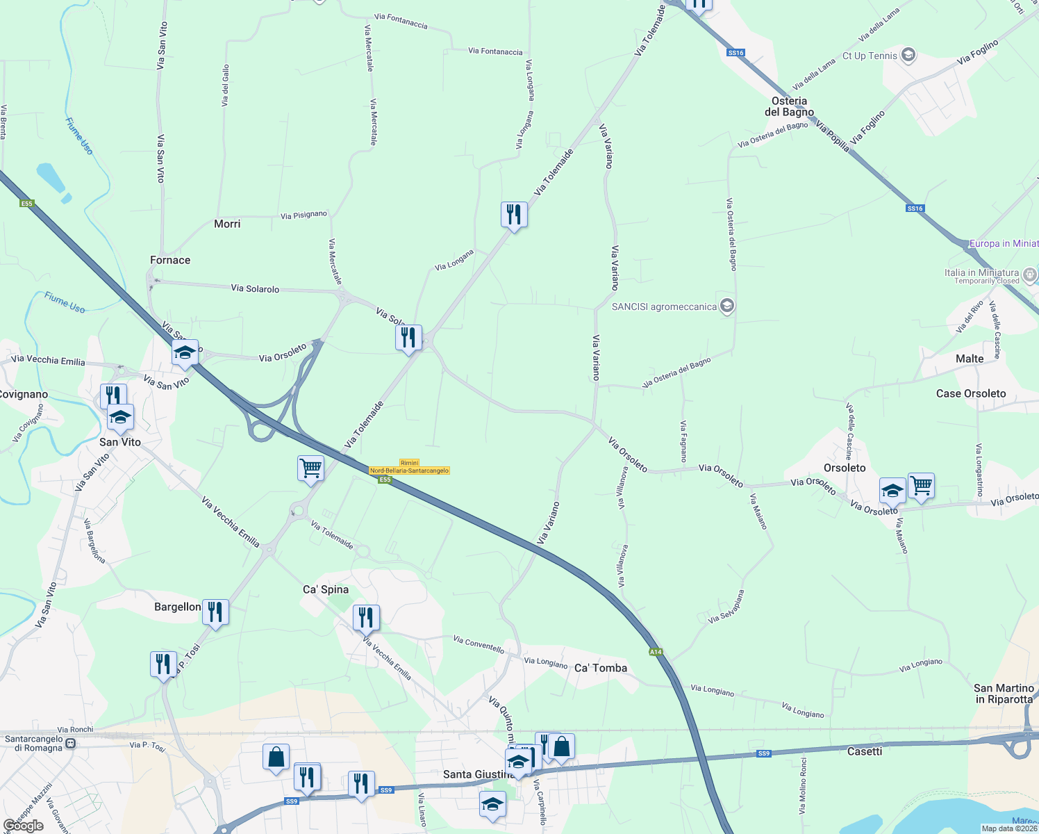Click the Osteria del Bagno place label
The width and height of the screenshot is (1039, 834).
pos(789,106)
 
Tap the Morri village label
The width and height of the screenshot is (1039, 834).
pos(227,224)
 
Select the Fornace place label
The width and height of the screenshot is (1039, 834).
pos(170,260)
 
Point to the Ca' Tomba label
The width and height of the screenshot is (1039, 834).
pos(601,668)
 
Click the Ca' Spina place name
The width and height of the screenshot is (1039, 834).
pos(326,589)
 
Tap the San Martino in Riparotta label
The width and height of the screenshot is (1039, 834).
pos(1004,694)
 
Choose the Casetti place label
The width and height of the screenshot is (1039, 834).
pos(865,751)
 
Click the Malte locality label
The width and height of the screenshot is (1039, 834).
pos(970,359)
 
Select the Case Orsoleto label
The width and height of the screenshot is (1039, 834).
pos(971,393)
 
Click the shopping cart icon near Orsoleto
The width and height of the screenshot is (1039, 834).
pos(921,485)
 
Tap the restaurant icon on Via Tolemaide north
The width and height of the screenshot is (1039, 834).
pos(514,214)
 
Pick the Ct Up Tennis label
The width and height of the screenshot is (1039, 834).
pos(870,56)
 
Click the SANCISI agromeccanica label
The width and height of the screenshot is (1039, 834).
pos(664,306)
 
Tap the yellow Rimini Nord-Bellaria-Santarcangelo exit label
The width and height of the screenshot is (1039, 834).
pos(409,467)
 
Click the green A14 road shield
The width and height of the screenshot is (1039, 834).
pos(656,652)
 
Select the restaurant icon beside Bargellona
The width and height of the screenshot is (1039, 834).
pos(215,612)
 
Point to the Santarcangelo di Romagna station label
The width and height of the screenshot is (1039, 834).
pos(34,743)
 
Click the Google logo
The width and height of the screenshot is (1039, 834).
pos(23,826)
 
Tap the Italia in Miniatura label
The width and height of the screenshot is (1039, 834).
pos(981,273)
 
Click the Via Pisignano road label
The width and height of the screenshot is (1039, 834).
pos(304,215)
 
